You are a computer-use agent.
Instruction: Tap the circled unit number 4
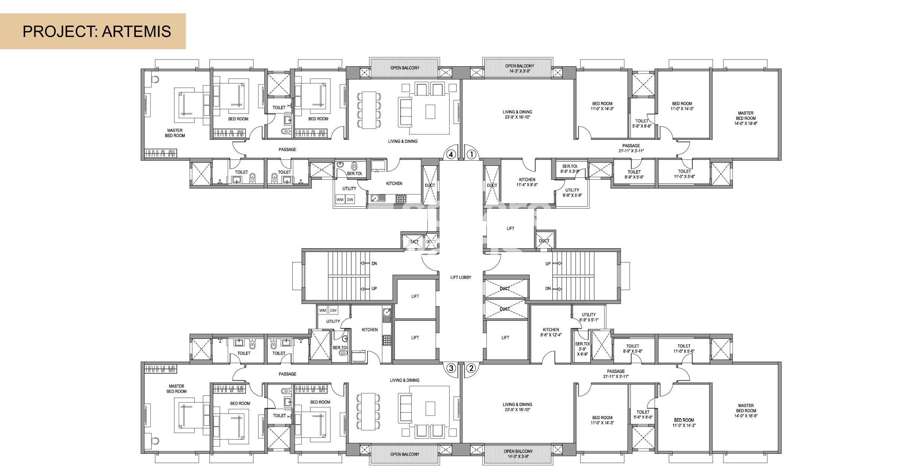click(451, 154)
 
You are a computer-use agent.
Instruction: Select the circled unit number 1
click(472, 154)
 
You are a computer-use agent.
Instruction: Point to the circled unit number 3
click(451, 368)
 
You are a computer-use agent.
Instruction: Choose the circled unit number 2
click(471, 368)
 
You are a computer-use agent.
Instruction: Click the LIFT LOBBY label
click(461, 277)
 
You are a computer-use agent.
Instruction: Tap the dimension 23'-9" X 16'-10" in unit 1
click(517, 117)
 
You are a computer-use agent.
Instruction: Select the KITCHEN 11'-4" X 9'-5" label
click(527, 182)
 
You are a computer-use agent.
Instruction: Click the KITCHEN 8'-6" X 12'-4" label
click(551, 332)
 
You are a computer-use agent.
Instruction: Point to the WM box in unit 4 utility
click(340, 200)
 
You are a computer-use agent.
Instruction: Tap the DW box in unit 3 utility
click(333, 310)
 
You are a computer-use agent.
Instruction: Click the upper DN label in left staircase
click(374, 264)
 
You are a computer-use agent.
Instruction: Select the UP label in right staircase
click(548, 264)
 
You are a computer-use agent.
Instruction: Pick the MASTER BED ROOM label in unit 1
click(746, 118)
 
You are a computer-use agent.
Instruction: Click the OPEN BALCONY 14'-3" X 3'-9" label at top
click(520, 68)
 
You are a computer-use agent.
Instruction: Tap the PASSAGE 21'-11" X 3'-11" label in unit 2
click(616, 374)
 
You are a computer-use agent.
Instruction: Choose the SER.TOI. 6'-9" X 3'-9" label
click(570, 168)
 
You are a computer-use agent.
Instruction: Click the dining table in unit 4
click(369, 110)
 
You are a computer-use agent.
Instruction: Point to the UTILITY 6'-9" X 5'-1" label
click(589, 317)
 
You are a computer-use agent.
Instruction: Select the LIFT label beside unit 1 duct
click(510, 228)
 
